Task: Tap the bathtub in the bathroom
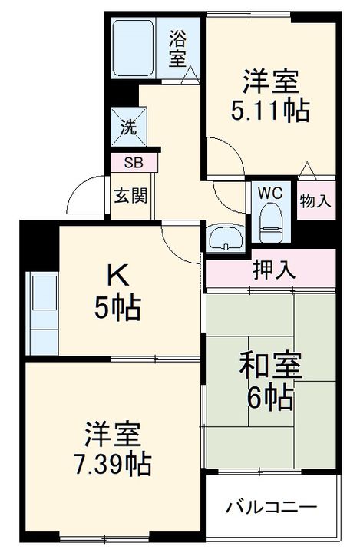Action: (135, 47)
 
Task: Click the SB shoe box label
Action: (133, 163)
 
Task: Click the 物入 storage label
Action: (315, 202)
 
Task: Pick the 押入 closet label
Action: (269, 270)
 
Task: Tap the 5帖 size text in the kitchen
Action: (117, 308)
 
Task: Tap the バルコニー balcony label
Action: (270, 508)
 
